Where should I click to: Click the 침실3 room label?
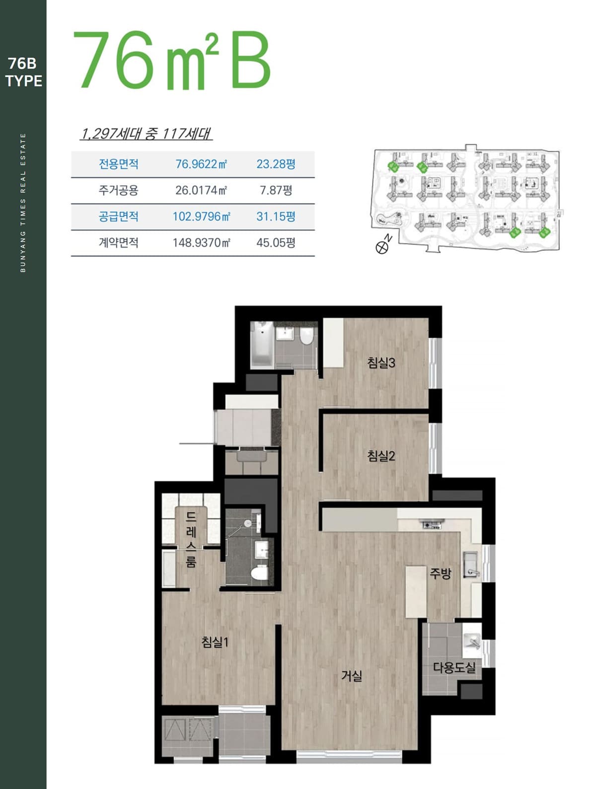[x=380, y=362]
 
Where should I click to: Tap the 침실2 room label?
[x=380, y=456]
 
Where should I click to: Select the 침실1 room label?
[x=215, y=642]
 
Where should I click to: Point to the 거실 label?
[x=352, y=676]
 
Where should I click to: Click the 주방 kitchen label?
[x=440, y=573]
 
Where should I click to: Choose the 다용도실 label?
[x=454, y=667]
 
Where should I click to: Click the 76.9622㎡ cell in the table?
[x=201, y=164]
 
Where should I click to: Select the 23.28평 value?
[x=276, y=164]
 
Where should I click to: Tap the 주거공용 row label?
[x=118, y=190]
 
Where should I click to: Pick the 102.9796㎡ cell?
[x=201, y=216]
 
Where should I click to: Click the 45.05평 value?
[x=276, y=243]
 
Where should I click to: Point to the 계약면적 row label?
[x=118, y=243]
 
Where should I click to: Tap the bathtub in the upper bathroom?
[x=262, y=344]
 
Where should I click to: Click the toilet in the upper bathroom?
[x=306, y=335]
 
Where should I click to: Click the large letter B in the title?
[x=250, y=60]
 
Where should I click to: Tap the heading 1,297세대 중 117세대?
[x=146, y=134]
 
